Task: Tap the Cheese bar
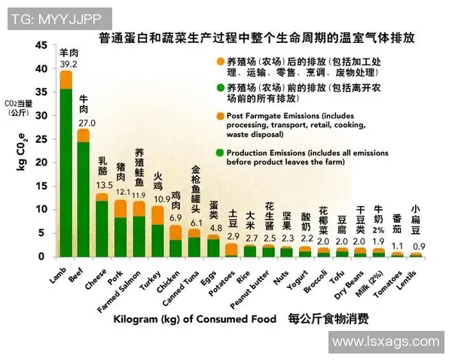[x=102, y=226]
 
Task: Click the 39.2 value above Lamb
[x=68, y=64]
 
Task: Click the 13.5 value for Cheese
[x=104, y=185]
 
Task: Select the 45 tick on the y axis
[x=41, y=45]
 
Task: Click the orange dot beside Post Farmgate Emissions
[x=220, y=117]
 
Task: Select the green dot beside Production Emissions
[x=220, y=153]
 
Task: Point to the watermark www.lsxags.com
[x=385, y=341]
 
